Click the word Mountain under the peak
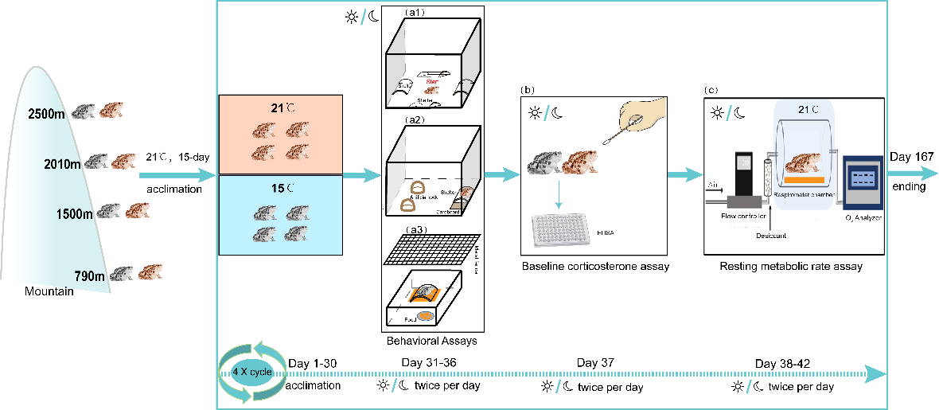click(x=49, y=292)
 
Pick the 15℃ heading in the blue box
click(x=279, y=188)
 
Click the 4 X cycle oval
click(x=252, y=373)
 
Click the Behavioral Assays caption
click(x=431, y=341)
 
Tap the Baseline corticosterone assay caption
click(x=595, y=267)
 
